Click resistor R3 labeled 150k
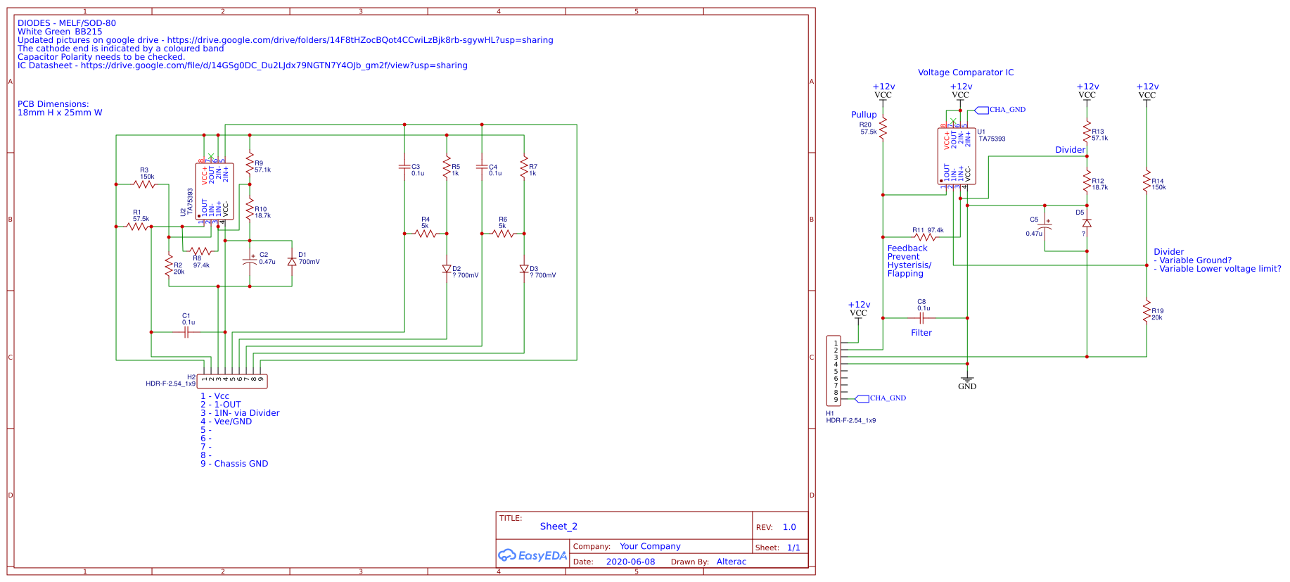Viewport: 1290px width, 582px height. click(144, 184)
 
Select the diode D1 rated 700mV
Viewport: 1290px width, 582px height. click(292, 262)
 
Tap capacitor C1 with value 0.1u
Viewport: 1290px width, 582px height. click(186, 331)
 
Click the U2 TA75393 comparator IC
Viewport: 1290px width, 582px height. click(215, 191)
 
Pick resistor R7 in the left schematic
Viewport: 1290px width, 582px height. click(524, 167)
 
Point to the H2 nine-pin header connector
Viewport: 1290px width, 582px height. click(232, 381)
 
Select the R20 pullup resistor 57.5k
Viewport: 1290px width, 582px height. click(883, 128)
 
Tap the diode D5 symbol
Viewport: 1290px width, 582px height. click(1087, 223)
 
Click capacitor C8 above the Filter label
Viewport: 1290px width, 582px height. click(921, 317)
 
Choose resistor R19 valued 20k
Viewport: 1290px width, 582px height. click(1147, 311)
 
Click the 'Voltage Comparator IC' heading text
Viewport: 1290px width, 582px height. click(965, 72)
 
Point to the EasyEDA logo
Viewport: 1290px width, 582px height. click(532, 555)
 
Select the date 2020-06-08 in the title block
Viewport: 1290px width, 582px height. click(630, 562)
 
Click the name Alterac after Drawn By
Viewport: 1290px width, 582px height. click(731, 562)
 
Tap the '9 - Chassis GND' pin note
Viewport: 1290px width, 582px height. click(234, 464)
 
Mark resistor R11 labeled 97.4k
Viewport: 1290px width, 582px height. click(925, 237)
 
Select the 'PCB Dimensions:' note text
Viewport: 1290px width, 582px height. click(53, 104)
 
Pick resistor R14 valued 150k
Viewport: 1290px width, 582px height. click(1147, 181)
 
